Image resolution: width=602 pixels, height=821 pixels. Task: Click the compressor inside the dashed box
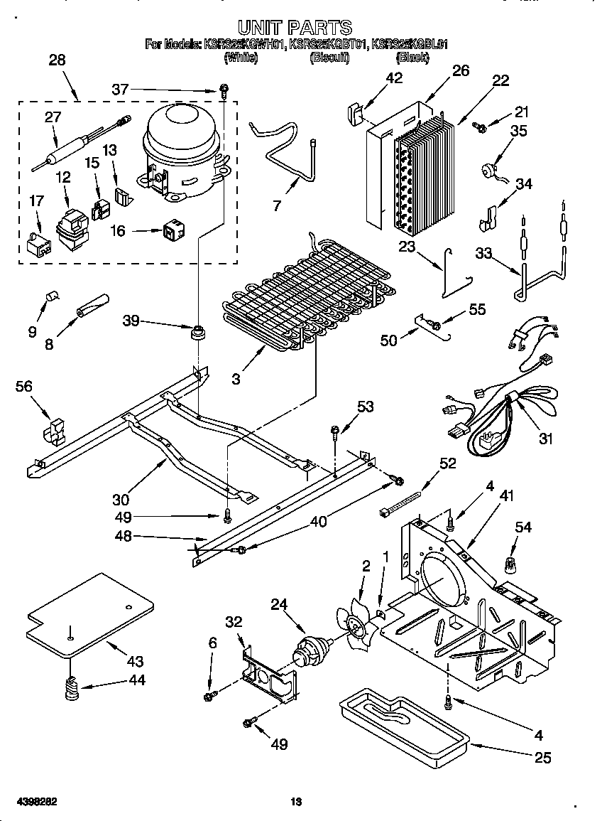point(183,149)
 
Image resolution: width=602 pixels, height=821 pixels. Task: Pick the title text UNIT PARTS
point(295,28)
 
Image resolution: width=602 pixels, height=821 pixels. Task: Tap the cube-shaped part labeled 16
point(173,230)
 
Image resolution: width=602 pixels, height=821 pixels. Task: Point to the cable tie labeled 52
point(405,502)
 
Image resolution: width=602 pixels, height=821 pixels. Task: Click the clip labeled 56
point(55,431)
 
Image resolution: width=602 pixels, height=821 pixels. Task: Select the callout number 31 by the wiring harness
point(544,439)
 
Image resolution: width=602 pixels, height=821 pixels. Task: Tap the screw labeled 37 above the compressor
point(223,90)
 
